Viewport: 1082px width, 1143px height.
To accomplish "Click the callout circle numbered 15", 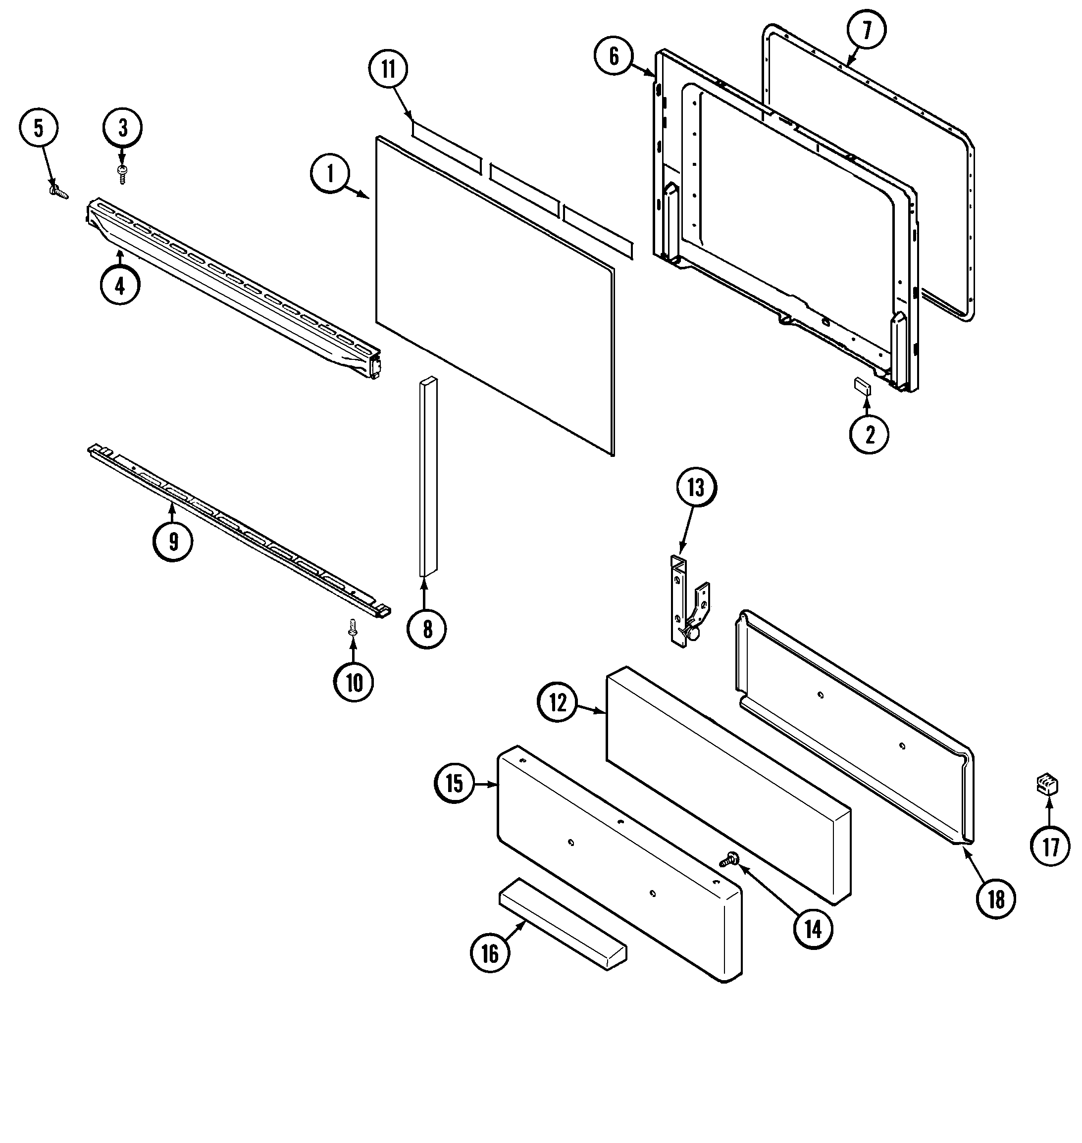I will (455, 784).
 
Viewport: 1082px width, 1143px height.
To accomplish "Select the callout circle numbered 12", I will (558, 703).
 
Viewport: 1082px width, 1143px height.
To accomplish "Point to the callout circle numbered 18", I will (996, 899).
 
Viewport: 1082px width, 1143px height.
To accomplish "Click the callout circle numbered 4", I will (120, 286).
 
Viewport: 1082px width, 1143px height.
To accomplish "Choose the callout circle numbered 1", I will (330, 174).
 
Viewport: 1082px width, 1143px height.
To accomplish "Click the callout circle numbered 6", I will (614, 56).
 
